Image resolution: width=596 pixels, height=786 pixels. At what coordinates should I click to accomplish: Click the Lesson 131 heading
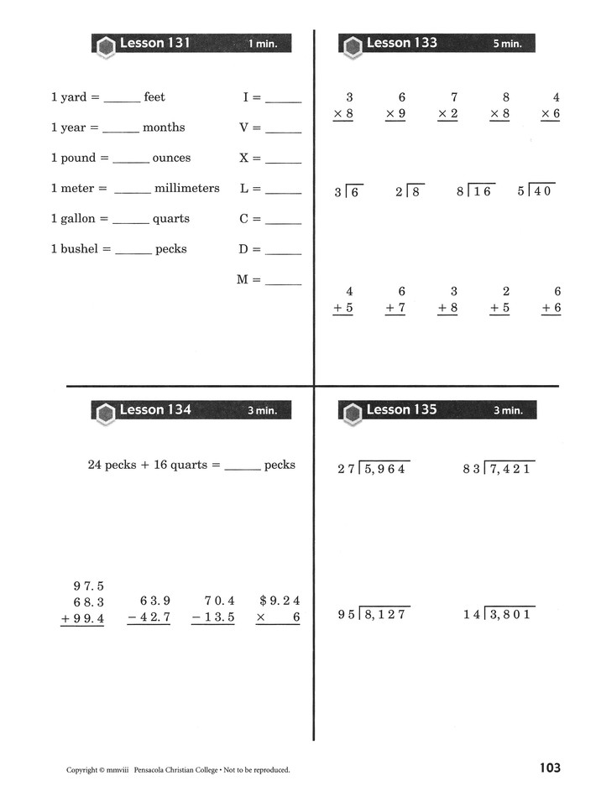[x=155, y=43]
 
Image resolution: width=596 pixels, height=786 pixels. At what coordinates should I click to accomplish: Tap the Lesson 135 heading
[x=402, y=409]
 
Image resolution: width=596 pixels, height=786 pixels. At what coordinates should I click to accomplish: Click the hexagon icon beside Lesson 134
[x=106, y=412]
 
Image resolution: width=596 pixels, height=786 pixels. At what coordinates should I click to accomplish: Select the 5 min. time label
[x=506, y=44]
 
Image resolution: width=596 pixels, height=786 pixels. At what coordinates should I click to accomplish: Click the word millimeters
[x=186, y=188]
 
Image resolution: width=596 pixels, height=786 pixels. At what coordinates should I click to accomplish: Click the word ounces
[x=171, y=158]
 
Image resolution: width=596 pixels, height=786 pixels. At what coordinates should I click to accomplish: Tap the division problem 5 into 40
[x=536, y=190]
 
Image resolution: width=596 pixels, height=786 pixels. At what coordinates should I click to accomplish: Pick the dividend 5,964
[x=385, y=469]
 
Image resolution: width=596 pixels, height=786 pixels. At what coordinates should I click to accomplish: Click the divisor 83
[x=472, y=469]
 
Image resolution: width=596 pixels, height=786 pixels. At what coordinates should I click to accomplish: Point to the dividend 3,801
[x=511, y=614]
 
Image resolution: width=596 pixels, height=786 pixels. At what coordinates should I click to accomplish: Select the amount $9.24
[x=280, y=601]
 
